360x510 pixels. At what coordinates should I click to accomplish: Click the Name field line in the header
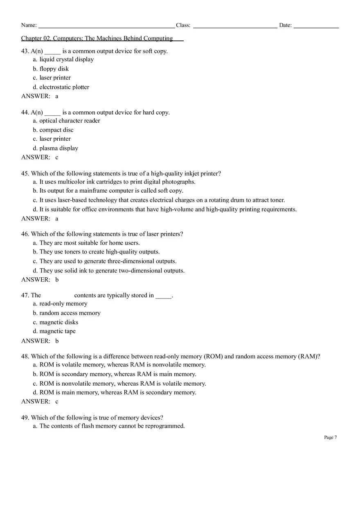pyautogui.click(x=106, y=27)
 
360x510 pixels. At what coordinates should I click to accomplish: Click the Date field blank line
pyautogui.click(x=316, y=27)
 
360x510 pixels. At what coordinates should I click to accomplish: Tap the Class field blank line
pyautogui.click(x=235, y=27)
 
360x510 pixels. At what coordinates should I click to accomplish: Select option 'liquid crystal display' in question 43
pyautogui.click(x=66, y=60)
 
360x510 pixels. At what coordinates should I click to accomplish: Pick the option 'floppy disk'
pyautogui.click(x=54, y=69)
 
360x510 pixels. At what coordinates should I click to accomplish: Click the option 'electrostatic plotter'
pyautogui.click(x=64, y=87)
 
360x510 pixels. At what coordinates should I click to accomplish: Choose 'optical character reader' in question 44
pyautogui.click(x=70, y=121)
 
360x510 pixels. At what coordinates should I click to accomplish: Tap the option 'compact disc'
pyautogui.click(x=56, y=130)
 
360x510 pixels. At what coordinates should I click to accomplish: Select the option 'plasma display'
pyautogui.click(x=59, y=148)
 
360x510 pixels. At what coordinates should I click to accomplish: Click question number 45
pyautogui.click(x=25, y=173)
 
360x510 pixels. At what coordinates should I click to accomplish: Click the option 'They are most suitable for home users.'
pyautogui.click(x=90, y=243)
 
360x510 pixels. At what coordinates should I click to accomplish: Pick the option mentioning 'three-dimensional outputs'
pyautogui.click(x=108, y=261)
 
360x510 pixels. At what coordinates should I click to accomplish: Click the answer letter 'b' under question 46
pyautogui.click(x=57, y=280)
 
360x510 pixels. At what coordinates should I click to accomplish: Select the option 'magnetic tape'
pyautogui.click(x=57, y=331)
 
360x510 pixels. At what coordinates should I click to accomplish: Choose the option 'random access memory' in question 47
pyautogui.click(x=70, y=313)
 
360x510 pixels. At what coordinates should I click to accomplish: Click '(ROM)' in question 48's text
pyautogui.click(x=213, y=357)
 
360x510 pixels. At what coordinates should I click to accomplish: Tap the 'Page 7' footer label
pyautogui.click(x=330, y=438)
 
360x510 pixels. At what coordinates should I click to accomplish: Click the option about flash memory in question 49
pyautogui.click(x=112, y=426)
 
